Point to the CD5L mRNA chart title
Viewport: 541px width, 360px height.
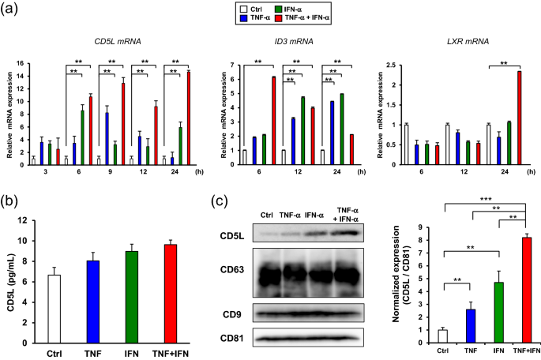coord(112,41)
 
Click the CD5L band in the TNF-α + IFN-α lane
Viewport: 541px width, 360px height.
coord(348,233)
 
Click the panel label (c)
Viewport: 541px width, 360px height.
coord(221,200)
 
